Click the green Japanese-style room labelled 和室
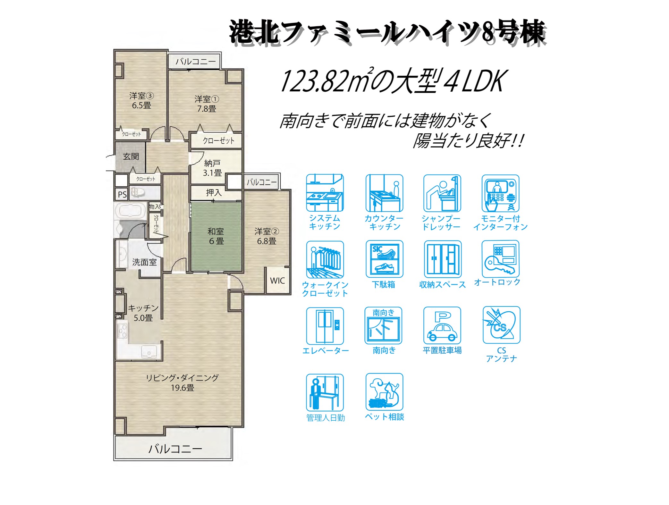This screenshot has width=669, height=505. pyautogui.click(x=216, y=237)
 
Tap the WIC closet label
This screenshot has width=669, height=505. pyautogui.click(x=277, y=281)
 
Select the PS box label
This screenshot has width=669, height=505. pyautogui.click(x=122, y=194)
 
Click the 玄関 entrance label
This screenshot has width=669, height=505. pyautogui.click(x=131, y=156)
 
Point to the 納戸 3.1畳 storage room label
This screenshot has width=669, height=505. pyautogui.click(x=212, y=168)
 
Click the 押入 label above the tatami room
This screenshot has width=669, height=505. pyautogui.click(x=214, y=192)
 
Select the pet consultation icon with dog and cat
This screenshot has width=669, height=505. pyautogui.click(x=384, y=391)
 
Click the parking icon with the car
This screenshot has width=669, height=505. pyautogui.click(x=442, y=325)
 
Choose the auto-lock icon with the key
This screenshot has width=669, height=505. pyautogui.click(x=500, y=259)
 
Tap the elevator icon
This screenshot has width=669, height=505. pyautogui.click(x=325, y=326)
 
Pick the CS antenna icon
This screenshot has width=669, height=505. pyautogui.click(x=502, y=325)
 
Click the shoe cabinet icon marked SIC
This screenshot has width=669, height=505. pyautogui.click(x=384, y=259)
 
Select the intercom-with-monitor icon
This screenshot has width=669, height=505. pyautogui.click(x=500, y=193)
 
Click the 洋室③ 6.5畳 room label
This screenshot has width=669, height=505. pyautogui.click(x=141, y=100)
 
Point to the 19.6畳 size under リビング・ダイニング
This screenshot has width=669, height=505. pyautogui.click(x=182, y=388)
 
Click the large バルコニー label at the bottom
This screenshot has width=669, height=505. pyautogui.click(x=175, y=449)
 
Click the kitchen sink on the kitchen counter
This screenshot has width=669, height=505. pyautogui.click(x=149, y=352)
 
